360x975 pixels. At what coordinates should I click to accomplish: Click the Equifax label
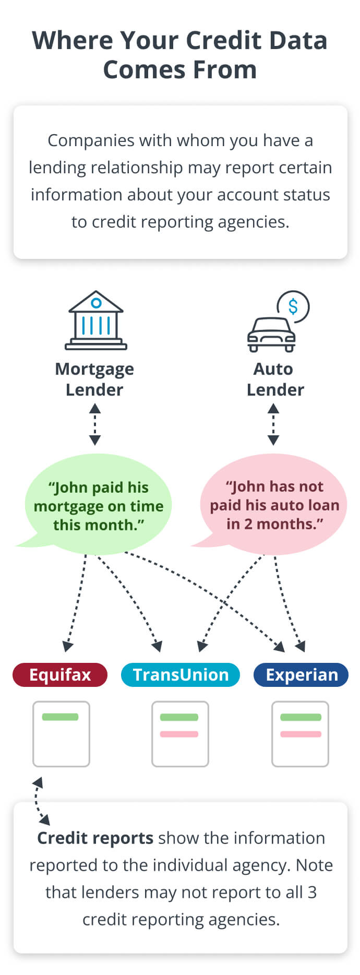60,675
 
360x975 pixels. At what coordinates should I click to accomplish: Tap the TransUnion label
181,675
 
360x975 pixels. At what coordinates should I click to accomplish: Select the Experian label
301,675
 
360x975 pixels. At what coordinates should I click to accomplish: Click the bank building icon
96,320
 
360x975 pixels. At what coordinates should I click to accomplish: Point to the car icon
271,334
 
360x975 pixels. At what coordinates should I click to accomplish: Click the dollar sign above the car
293,306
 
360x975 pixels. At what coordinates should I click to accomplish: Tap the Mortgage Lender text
94,379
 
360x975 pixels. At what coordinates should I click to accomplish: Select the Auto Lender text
274,379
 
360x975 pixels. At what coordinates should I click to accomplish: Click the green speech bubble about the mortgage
98,505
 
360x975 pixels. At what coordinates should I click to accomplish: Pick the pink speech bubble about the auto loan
274,505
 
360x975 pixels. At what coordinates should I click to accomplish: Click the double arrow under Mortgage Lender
95,425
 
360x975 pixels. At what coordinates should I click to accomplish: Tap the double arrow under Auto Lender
273,425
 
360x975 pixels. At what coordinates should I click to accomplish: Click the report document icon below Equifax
61,734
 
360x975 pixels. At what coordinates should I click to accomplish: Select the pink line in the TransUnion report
179,734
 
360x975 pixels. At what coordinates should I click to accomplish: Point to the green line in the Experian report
301,718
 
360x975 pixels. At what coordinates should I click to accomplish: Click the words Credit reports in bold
95,838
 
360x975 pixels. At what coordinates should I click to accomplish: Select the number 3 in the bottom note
312,893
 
